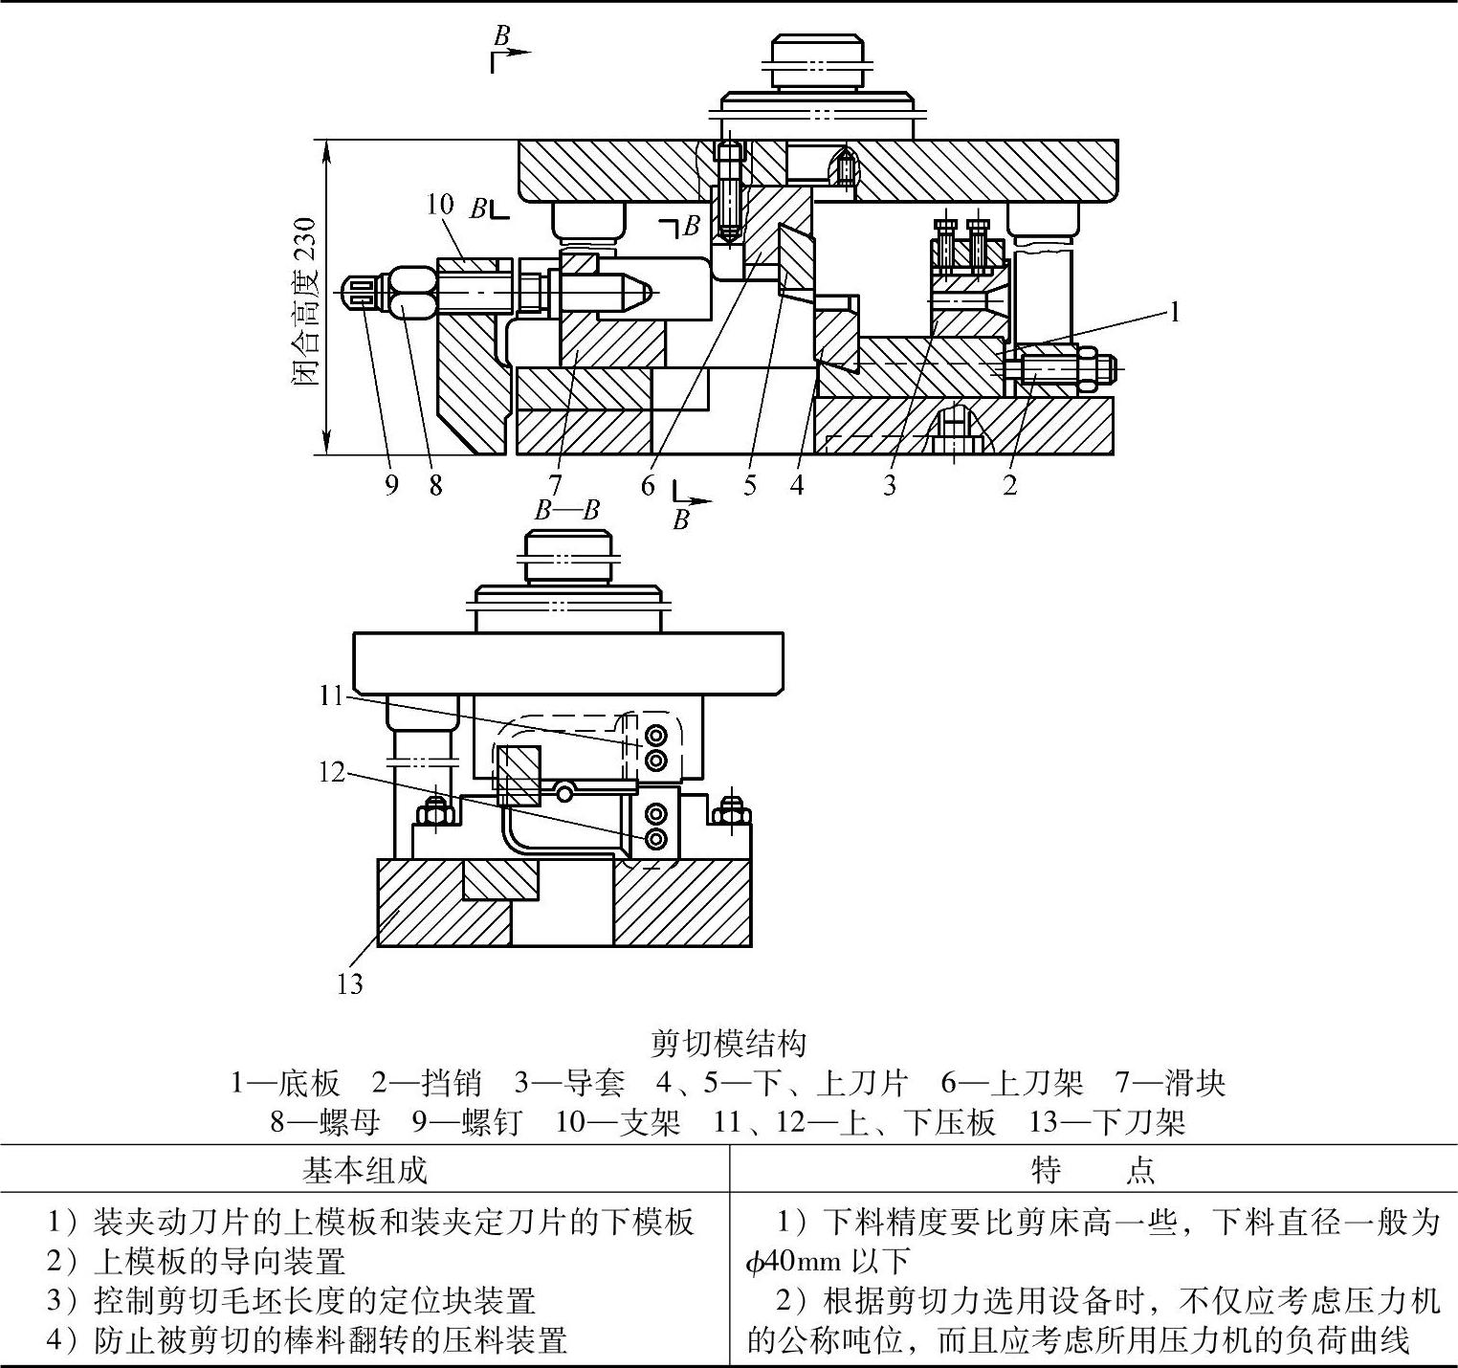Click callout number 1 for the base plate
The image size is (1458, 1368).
[1175, 313]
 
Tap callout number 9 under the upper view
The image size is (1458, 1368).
[391, 485]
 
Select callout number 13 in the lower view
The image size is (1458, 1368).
[350, 983]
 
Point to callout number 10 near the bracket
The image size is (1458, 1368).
[440, 204]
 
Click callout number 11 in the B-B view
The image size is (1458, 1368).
[331, 695]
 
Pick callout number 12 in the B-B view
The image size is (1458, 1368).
[331, 771]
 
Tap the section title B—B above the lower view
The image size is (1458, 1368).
[566, 510]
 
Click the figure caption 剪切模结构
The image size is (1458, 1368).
[729, 1042]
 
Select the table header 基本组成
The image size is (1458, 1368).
[364, 1170]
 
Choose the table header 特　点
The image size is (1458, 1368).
[1093, 1170]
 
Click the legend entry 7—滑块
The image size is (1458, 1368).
[1169, 1083]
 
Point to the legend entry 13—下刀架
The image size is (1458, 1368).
[1107, 1121]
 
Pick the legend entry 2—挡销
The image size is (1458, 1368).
[426, 1083]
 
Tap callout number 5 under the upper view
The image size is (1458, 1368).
[750, 485]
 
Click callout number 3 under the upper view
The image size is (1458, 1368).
[890, 485]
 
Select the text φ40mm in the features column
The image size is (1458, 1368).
[793, 1263]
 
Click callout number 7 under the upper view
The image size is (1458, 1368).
[555, 485]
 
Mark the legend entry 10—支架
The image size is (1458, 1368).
[617, 1121]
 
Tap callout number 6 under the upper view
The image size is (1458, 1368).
[649, 485]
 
